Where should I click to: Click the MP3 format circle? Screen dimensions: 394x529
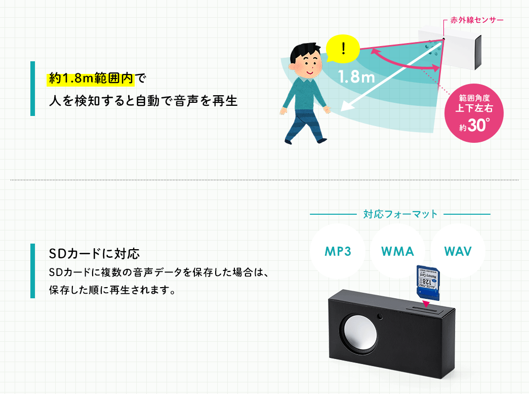[338, 252]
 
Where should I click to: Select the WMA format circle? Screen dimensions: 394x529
[397, 252]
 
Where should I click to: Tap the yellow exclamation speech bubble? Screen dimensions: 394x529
[343, 49]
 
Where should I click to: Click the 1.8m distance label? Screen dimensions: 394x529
[356, 77]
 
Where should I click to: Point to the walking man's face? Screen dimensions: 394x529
[305, 62]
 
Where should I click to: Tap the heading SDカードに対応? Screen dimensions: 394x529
[94, 253]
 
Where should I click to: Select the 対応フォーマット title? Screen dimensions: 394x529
[400, 214]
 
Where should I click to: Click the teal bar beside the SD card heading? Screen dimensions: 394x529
[33, 270]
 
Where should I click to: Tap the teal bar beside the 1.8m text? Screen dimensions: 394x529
[33, 89]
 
